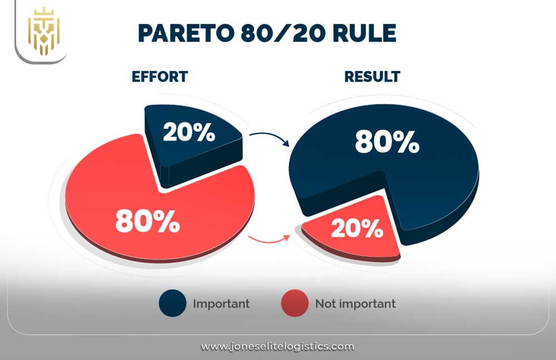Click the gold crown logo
pyautogui.click(x=43, y=31)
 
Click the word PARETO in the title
pyautogui.click(x=186, y=33)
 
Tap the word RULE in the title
pyautogui.click(x=364, y=33)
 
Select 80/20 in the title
pyautogui.click(x=284, y=33)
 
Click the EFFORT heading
pyautogui.click(x=160, y=77)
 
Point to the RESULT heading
pyautogui.click(x=372, y=77)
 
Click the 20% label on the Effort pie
pyautogui.click(x=189, y=132)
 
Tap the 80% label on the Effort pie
pyautogui.click(x=147, y=221)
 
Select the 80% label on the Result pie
pyautogui.click(x=387, y=142)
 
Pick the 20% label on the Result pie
pyautogui.click(x=357, y=228)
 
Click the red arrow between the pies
pyautogui.click(x=270, y=241)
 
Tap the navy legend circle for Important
pyautogui.click(x=172, y=303)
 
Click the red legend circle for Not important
pyautogui.click(x=295, y=303)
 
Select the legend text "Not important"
pyautogui.click(x=355, y=304)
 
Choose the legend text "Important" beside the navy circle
pyautogui.click(x=221, y=304)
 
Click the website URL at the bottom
pyautogui.click(x=277, y=347)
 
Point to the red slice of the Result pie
pyautogui.click(x=355, y=231)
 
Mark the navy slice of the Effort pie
pyautogui.click(x=191, y=142)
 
